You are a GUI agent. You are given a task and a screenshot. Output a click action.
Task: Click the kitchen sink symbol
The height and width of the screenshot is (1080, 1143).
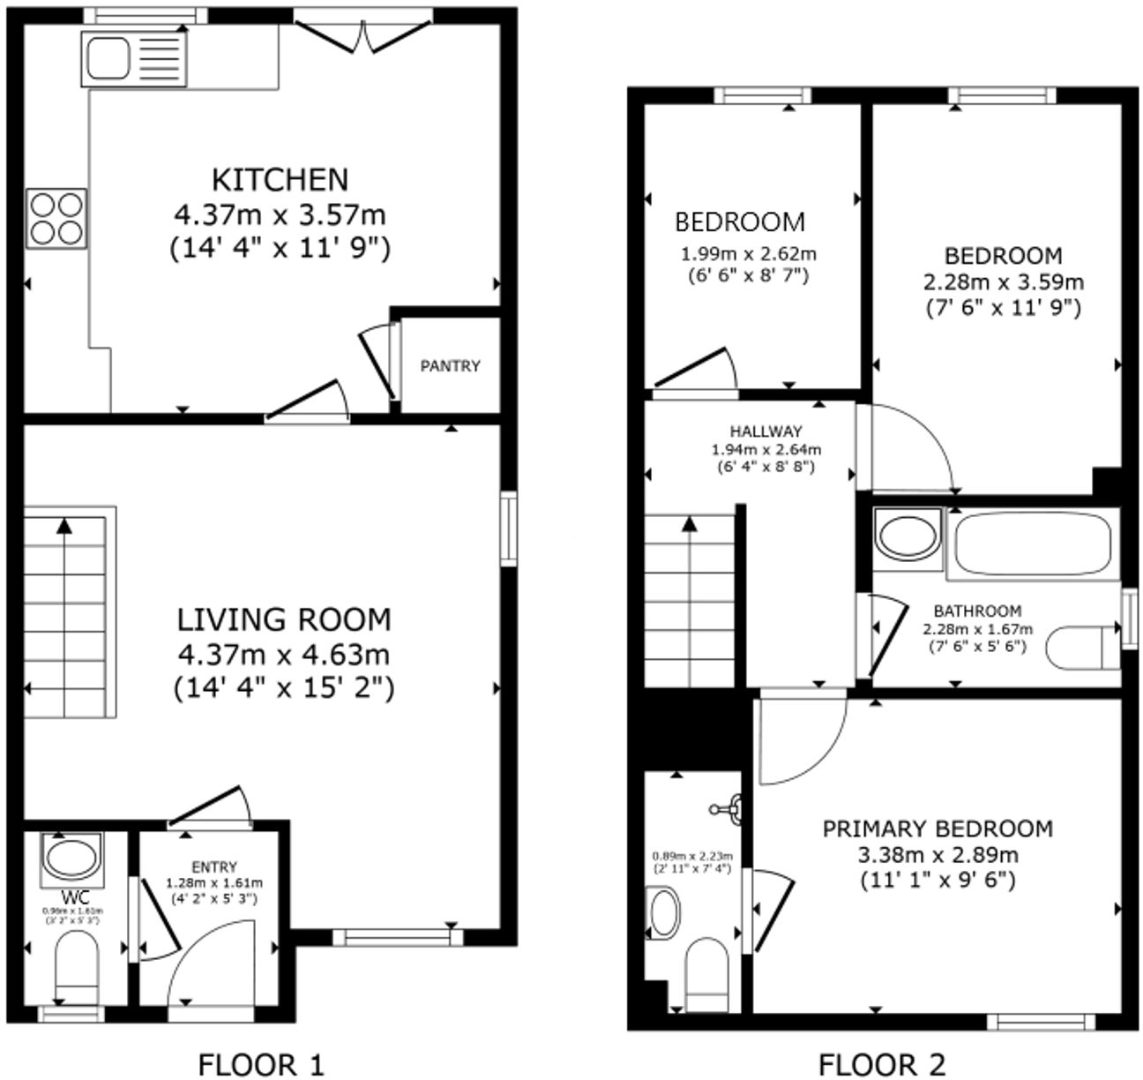[134, 58]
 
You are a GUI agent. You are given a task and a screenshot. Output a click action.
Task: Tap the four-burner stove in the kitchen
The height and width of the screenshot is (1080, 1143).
[56, 218]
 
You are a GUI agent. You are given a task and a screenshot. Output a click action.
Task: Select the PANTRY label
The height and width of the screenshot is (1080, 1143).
[450, 366]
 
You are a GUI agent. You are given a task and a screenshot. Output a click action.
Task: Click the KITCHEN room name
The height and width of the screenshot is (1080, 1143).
[280, 179]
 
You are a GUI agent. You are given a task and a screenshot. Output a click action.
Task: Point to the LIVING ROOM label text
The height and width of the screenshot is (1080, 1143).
[284, 619]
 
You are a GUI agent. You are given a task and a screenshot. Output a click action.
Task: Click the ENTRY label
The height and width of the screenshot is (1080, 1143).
[214, 867]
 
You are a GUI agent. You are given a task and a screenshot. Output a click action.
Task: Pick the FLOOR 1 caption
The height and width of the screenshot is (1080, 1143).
[261, 1064]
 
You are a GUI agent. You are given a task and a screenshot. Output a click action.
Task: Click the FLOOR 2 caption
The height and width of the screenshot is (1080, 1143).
[882, 1064]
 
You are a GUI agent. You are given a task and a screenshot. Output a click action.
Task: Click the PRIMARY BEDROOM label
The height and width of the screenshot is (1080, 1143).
[938, 829]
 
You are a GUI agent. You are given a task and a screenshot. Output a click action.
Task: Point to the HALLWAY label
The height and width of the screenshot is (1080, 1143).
[766, 431]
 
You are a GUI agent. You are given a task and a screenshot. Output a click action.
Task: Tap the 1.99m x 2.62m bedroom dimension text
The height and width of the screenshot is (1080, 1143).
[748, 255]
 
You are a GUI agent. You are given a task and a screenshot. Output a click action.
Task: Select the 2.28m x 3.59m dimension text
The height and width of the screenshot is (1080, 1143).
[1004, 282]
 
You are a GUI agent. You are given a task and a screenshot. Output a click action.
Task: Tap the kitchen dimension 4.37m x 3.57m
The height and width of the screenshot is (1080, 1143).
[280, 214]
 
